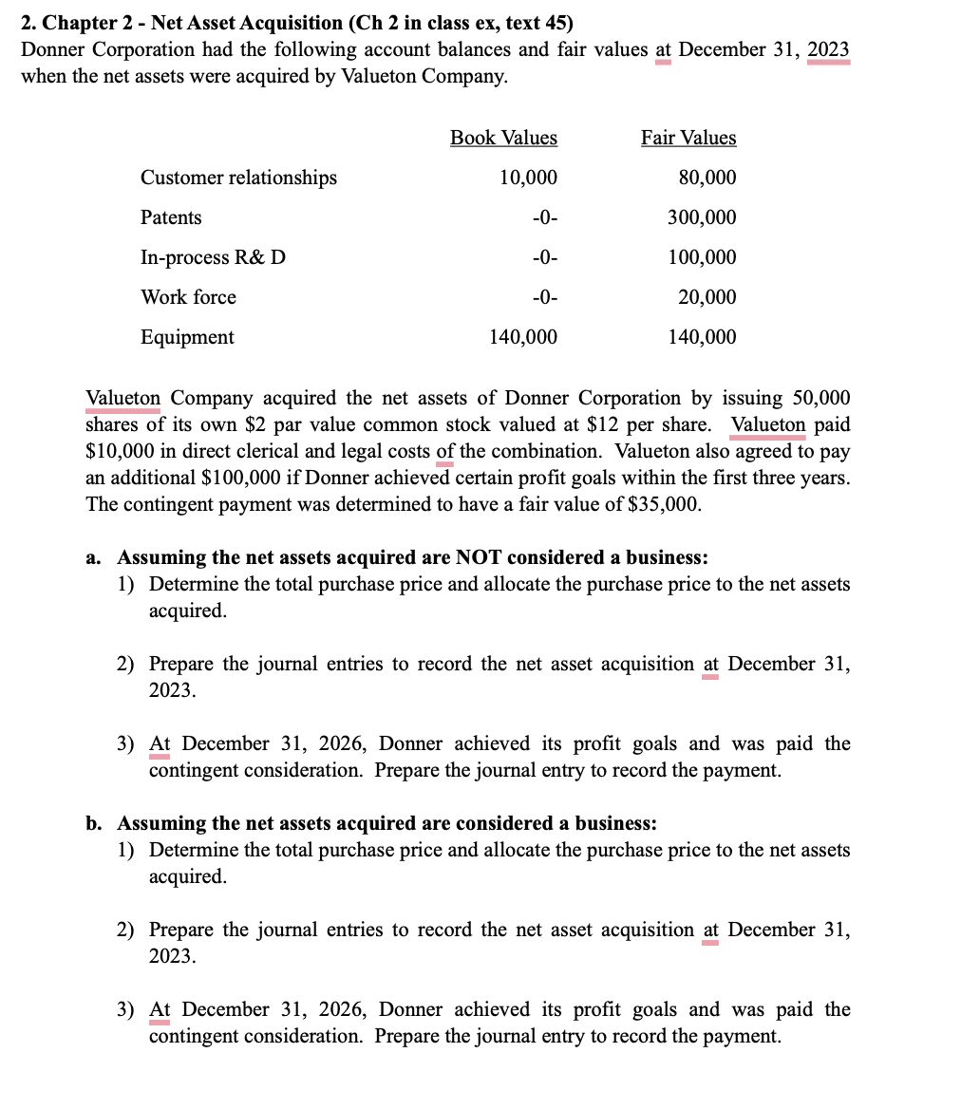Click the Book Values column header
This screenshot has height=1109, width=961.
[503, 138]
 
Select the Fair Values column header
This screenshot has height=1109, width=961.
[688, 138]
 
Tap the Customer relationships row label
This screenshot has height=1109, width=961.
[238, 178]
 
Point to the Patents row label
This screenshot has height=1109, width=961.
[171, 217]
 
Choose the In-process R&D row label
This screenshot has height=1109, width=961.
[213, 257]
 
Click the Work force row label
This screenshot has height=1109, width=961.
[188, 297]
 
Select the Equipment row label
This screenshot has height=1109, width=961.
[187, 337]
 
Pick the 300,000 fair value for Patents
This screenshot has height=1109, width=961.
[702, 217]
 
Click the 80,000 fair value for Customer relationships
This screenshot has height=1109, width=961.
[707, 178]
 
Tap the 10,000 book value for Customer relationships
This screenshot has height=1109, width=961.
[528, 178]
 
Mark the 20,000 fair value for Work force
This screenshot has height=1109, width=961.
[707, 297]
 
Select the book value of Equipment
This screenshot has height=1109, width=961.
[523, 337]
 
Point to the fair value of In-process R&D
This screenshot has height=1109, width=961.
[702, 257]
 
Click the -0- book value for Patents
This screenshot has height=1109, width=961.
[544, 217]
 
